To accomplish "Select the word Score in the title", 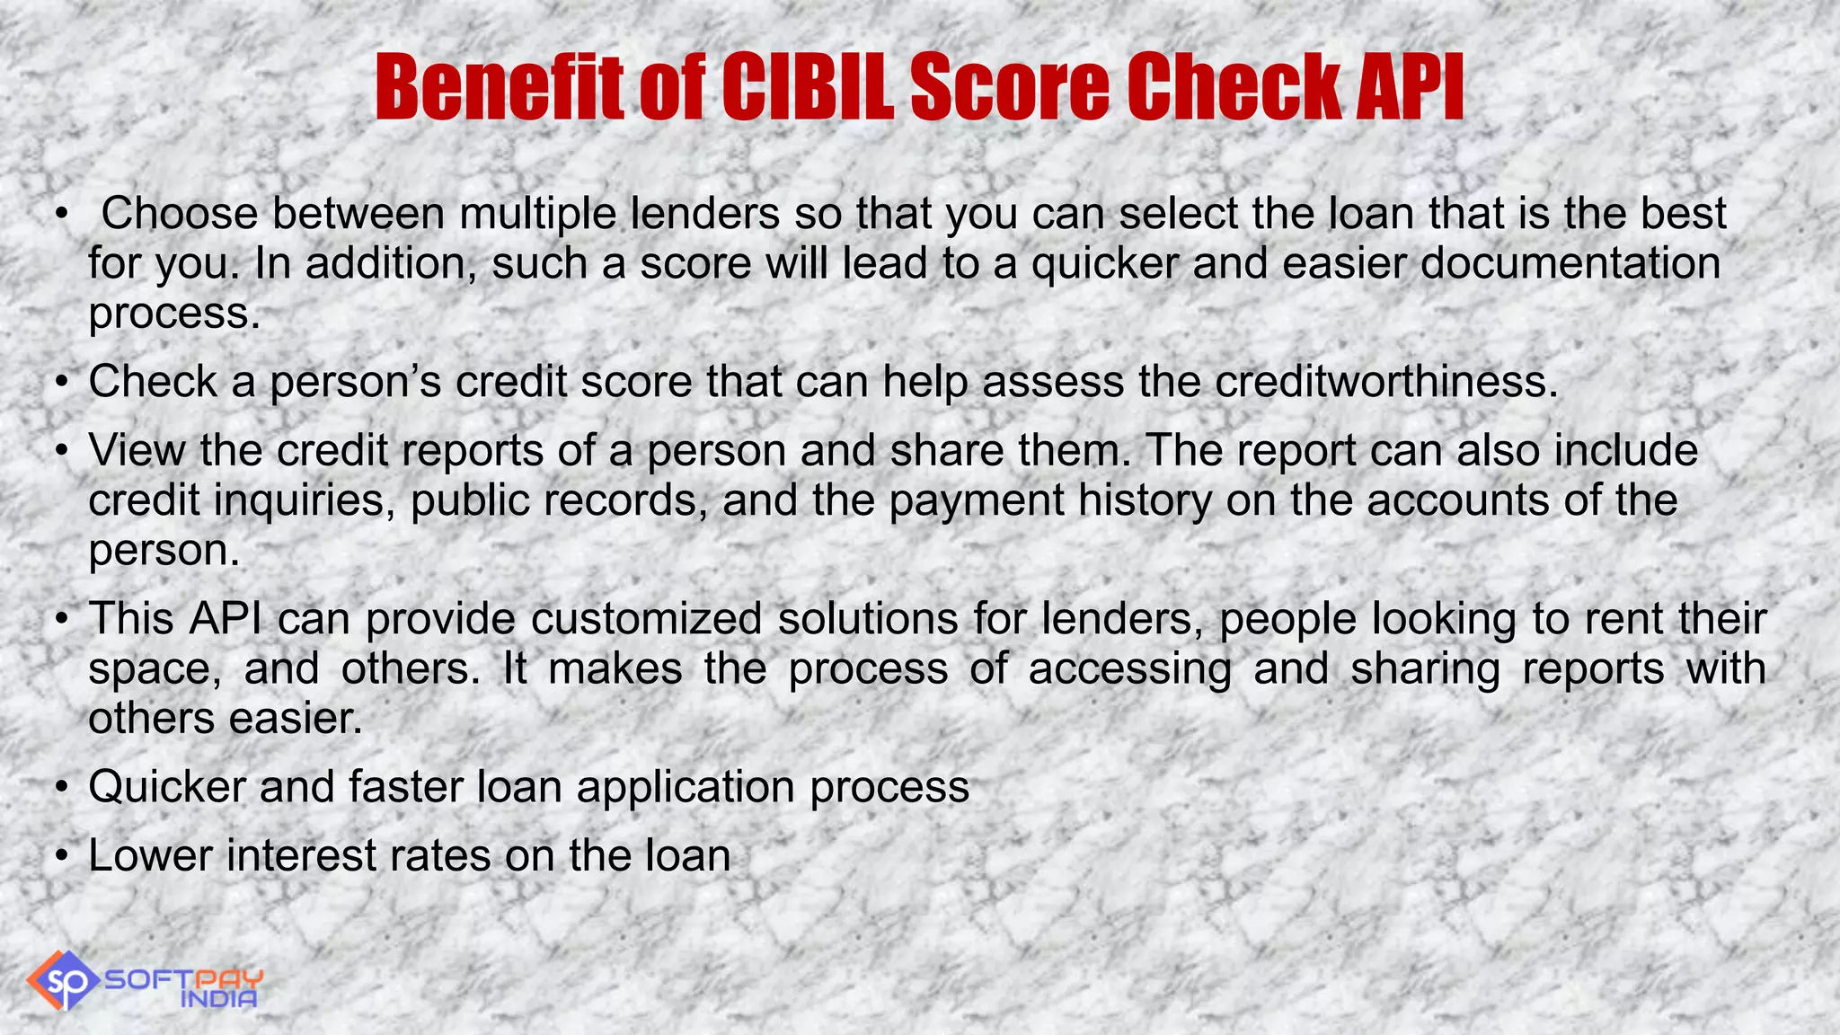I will [x=1010, y=87].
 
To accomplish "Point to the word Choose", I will [x=179, y=214].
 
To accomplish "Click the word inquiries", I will [x=305, y=500].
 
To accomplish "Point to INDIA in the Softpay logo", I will [x=219, y=998].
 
